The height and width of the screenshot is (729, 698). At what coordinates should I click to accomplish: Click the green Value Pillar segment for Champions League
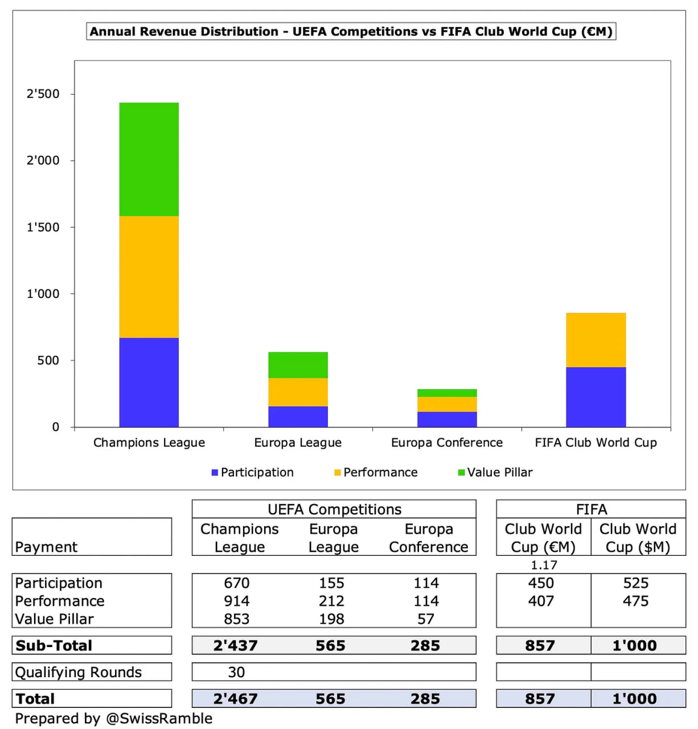coord(149,159)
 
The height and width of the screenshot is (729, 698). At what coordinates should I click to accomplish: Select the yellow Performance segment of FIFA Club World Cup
coord(596,340)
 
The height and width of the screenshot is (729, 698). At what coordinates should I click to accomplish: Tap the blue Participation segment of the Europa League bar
coord(298,416)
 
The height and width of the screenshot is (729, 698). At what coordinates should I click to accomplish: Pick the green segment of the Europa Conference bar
coord(447,393)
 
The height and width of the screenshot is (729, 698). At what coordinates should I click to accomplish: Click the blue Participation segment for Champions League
coord(149,382)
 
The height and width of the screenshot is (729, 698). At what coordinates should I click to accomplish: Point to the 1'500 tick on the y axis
coord(43,227)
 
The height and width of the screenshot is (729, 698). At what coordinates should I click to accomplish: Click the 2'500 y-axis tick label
coord(43,94)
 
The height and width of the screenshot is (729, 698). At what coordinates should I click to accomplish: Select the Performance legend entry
coord(376,472)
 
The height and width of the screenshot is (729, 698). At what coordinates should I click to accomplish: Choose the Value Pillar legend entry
coord(495,472)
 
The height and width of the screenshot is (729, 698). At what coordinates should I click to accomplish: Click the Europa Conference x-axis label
coord(447,443)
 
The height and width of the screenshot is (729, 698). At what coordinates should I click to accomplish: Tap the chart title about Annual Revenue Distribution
coord(351,31)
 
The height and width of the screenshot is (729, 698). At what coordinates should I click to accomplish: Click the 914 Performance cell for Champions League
coord(236,601)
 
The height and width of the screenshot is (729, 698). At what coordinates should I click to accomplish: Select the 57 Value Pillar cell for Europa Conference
coord(426,619)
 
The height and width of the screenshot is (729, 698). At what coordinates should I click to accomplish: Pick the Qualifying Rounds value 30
coord(236,672)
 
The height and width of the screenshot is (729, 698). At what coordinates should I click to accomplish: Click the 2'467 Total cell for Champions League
coord(235,699)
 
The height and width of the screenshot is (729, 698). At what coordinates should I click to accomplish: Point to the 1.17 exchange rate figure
coord(544,565)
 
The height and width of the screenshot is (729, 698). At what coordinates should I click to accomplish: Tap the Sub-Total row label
coord(54,645)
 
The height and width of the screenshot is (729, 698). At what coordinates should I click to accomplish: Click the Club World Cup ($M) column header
coord(638,538)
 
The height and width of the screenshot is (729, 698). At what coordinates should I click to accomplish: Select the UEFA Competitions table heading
coord(334,509)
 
